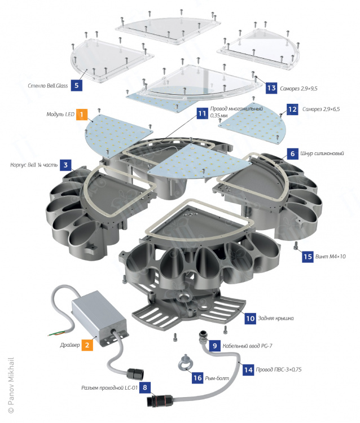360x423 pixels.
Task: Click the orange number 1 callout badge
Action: tap(82, 114)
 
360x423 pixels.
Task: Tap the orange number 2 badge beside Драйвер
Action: tap(87, 345)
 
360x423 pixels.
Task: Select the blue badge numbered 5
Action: tap(77, 86)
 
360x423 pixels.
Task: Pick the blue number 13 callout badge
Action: tap(271, 88)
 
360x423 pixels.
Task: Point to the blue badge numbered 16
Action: tap(197, 378)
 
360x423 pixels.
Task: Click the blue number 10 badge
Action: tap(250, 318)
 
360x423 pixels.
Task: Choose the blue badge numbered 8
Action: tap(145, 387)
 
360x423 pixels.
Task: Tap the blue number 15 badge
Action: tap(308, 256)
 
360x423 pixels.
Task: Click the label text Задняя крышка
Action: tap(276, 318)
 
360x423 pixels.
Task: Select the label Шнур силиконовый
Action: tap(322, 153)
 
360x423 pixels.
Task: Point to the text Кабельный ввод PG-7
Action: tap(247, 346)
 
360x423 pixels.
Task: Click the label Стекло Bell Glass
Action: tap(48, 86)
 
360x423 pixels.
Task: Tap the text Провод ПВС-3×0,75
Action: tap(279, 369)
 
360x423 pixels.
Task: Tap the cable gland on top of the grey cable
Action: tap(204, 337)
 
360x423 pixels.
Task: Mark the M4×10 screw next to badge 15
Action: tap(296, 246)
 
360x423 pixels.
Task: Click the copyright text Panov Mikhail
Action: tap(11, 385)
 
